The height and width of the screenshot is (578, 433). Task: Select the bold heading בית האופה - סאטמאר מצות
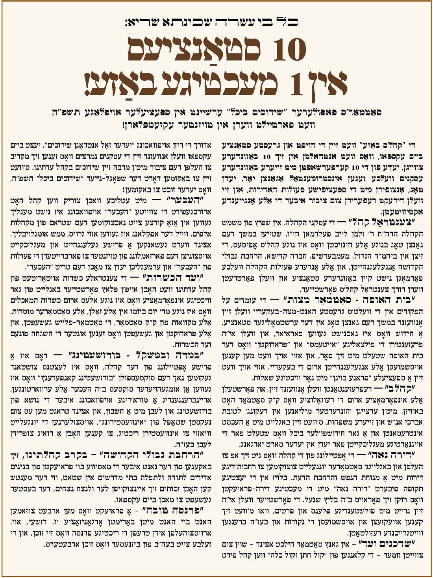click(374, 299)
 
